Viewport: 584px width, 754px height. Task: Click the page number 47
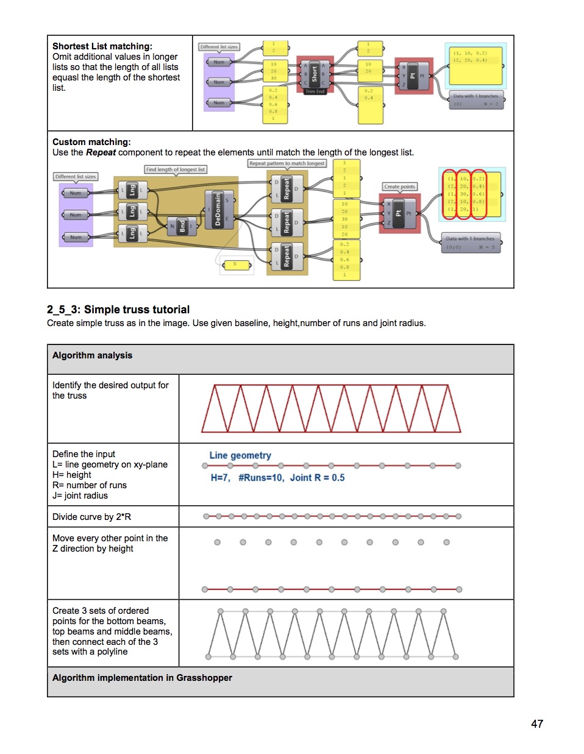coord(536,724)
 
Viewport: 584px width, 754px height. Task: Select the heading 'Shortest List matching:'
coord(102,46)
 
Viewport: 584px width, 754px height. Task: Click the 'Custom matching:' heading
coord(91,142)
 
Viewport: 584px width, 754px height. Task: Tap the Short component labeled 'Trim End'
coord(315,74)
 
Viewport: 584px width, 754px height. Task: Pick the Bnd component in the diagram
coord(182,227)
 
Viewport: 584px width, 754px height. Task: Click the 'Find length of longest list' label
coord(176,169)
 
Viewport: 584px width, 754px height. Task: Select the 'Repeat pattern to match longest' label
coord(287,163)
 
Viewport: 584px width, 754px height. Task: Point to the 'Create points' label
coord(399,187)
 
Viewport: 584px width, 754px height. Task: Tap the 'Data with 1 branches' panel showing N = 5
coord(471,243)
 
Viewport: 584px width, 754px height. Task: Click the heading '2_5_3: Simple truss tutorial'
coord(118,310)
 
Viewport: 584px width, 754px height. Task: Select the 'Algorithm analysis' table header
coord(92,355)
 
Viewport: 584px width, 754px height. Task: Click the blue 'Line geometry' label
coord(240,455)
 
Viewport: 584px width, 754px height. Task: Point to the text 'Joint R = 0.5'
coord(317,478)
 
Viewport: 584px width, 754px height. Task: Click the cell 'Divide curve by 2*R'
coord(91,517)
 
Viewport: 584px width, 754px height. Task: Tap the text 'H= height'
coord(71,475)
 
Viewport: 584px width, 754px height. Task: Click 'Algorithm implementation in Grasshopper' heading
coord(142,678)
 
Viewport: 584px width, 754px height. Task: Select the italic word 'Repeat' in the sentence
coord(101,152)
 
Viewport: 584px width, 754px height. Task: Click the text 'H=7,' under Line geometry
coord(220,478)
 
